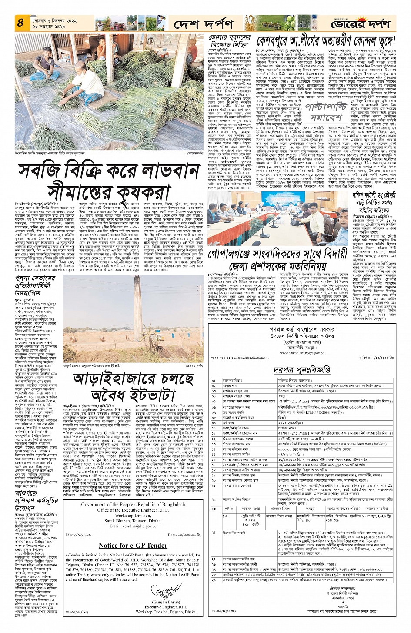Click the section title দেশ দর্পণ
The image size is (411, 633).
[203, 24]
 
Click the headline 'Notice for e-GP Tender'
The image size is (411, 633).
[133, 545]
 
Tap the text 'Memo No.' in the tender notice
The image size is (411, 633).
[74, 535]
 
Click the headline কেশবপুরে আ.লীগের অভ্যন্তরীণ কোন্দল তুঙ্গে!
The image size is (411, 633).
[326, 42]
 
